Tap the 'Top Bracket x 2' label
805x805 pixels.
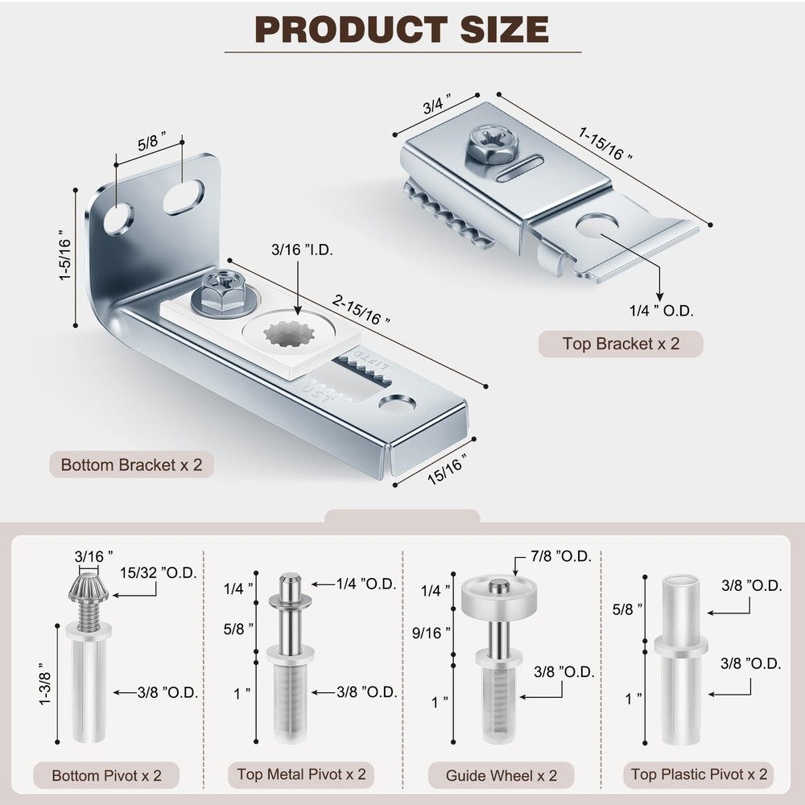[x=621, y=344]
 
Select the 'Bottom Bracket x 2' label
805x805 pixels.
[x=132, y=464]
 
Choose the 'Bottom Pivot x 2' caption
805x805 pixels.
[x=107, y=776]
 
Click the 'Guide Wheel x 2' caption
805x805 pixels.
[x=502, y=776]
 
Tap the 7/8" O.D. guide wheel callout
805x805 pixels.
[x=562, y=556]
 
